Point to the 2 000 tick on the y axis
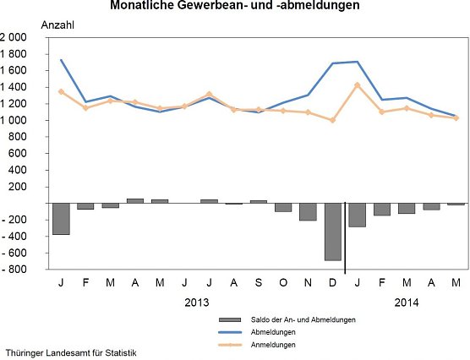(14, 38)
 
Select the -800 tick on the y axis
(14, 270)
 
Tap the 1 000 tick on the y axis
(14, 121)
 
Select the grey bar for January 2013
(61, 219)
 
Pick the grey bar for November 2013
(308, 211)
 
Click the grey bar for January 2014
(357, 215)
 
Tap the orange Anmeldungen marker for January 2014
(358, 85)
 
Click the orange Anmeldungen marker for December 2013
(332, 120)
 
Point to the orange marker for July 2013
(209, 94)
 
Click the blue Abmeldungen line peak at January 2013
(61, 60)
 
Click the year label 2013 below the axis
(196, 301)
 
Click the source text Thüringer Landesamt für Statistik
(70, 352)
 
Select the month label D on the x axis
(332, 281)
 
